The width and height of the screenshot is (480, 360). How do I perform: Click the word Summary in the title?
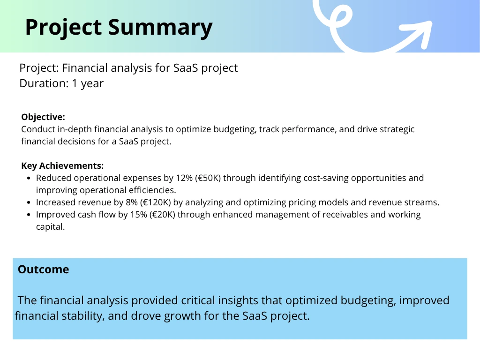point(160,28)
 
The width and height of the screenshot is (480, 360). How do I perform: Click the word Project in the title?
point(63,28)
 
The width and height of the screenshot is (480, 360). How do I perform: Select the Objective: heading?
point(43,117)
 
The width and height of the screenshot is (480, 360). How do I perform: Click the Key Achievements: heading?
point(62,165)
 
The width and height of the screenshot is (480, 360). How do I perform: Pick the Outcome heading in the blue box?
point(44,270)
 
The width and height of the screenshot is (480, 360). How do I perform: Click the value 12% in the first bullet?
point(184,178)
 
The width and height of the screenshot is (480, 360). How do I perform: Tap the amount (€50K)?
point(208,178)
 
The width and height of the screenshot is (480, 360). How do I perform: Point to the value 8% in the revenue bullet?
point(132,202)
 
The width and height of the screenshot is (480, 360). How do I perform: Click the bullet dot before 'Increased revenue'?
point(29,202)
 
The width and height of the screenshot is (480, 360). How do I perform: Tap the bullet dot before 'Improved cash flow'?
point(29,215)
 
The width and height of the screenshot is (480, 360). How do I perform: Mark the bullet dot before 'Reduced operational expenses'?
point(29,178)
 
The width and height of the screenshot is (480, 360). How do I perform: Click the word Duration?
point(44,83)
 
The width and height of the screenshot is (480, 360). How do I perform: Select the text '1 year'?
point(88,83)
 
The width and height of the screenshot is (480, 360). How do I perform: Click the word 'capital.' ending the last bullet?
point(51,227)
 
